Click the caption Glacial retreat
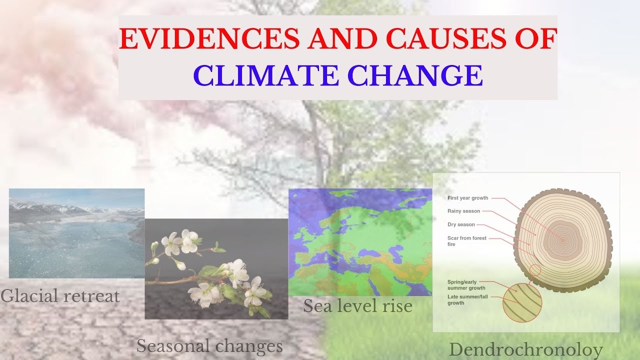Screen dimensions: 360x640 [x=60, y=295]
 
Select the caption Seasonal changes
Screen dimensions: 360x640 [x=209, y=345]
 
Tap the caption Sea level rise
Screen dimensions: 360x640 [x=357, y=305]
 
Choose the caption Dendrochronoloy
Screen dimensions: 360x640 [x=526, y=349]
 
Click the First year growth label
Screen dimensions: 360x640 [x=467, y=198]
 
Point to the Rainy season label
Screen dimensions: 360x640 [x=463, y=211]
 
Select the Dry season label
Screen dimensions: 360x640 [x=461, y=224]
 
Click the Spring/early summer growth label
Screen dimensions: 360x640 [x=466, y=284]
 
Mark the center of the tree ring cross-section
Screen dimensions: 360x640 [x=562, y=240]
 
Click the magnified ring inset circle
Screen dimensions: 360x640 [x=522, y=302]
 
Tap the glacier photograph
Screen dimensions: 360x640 [x=76, y=233]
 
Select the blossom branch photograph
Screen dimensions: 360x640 [x=216, y=269]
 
